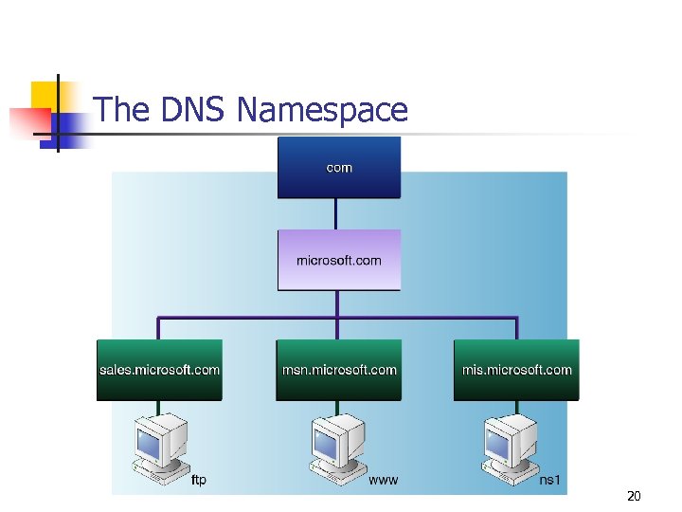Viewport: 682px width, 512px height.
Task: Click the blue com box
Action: pos(338,167)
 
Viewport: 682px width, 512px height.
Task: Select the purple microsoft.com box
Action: pos(338,259)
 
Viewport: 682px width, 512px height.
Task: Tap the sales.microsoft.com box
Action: pos(159,370)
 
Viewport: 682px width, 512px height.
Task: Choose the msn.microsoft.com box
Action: pos(338,370)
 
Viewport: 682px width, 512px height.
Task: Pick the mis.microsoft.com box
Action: pos(516,370)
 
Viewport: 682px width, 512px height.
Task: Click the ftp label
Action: pos(199,481)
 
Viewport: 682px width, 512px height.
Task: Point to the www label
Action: pos(383,481)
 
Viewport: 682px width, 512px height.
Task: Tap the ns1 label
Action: pos(550,481)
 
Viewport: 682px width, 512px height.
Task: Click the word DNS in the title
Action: pos(193,110)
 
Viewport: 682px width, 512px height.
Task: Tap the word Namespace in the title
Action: pos(322,110)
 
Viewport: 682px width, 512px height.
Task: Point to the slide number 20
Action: pos(634,496)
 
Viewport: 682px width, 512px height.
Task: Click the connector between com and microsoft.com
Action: pos(338,213)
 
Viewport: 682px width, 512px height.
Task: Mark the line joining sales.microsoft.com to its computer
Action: pos(158,409)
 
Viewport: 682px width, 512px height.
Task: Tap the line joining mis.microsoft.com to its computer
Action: pos(516,409)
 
